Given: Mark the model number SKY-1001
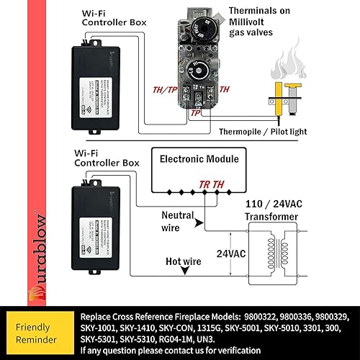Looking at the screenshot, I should [x=104, y=328].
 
